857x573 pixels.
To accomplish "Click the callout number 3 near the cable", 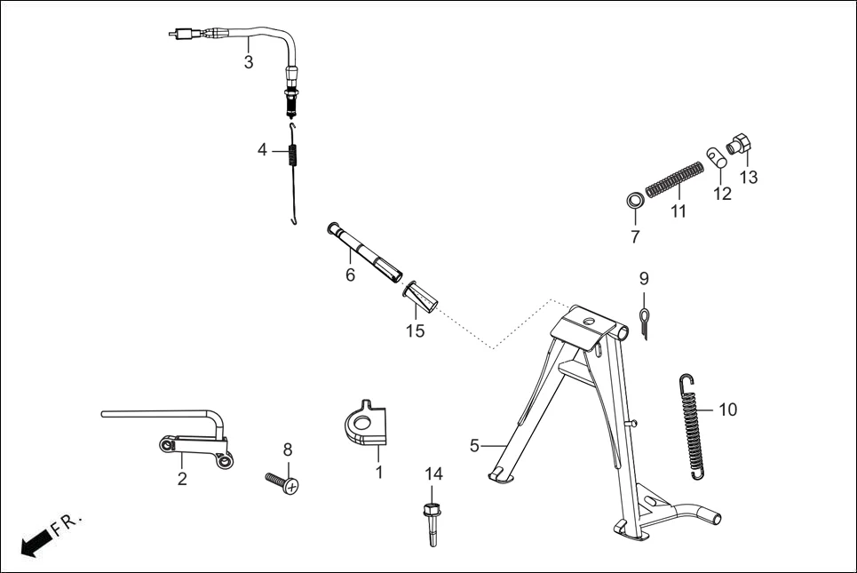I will tap(249, 62).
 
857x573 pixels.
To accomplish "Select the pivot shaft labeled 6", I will tap(364, 250).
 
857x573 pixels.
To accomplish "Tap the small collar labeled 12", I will tap(717, 157).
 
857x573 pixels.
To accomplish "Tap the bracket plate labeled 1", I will tap(366, 422).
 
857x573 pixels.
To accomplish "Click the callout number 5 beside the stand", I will tap(474, 444).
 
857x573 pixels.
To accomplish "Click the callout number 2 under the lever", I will tap(182, 480).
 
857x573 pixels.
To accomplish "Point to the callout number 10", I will tap(727, 410).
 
